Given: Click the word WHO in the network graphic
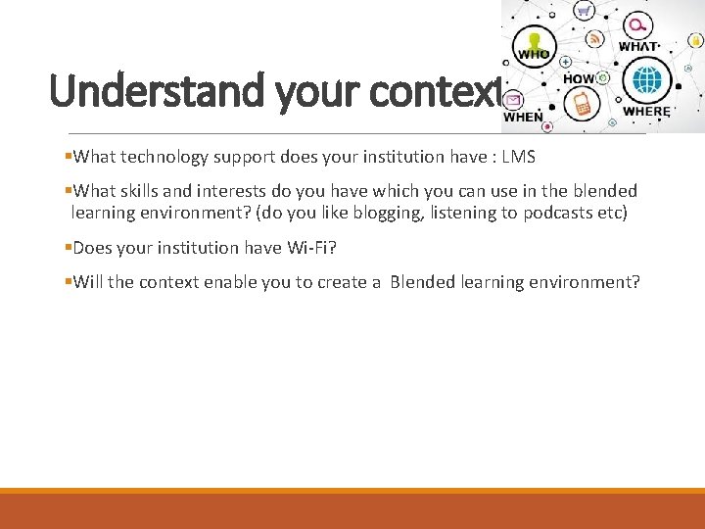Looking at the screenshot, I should point(534,55).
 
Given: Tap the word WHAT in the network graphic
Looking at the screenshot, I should point(638,46).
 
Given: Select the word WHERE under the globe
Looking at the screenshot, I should point(646,112).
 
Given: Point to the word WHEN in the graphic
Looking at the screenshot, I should point(523,117).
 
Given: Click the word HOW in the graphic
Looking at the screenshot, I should point(579,78).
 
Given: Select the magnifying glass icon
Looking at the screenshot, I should point(638,24).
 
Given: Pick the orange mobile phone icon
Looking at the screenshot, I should point(583,104).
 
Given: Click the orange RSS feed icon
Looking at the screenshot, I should point(593,39).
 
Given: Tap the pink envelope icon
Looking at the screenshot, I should point(513,99).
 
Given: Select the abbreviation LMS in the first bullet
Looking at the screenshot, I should point(518,157).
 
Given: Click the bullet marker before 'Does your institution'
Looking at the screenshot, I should point(68,248).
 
